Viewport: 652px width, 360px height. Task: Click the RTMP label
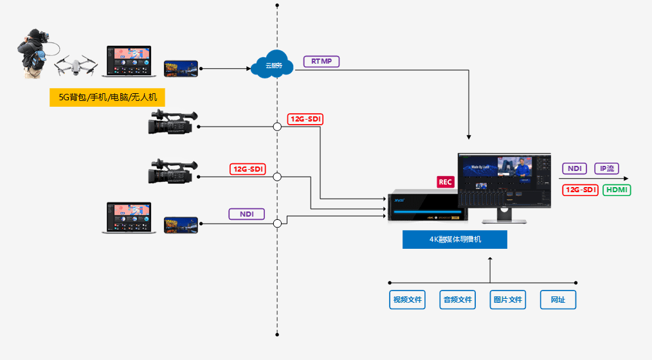[x=321, y=62]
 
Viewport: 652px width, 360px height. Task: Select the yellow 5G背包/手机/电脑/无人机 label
[x=103, y=98]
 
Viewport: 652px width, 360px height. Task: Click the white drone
[x=76, y=66]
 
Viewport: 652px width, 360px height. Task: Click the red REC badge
[x=446, y=182]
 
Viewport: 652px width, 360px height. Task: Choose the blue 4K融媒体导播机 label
[x=455, y=239]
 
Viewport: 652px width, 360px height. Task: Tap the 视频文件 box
[x=407, y=300]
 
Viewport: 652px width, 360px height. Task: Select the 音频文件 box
[x=457, y=300]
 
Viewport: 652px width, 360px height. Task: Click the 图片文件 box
[x=507, y=300]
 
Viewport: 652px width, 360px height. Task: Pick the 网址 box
[x=557, y=300]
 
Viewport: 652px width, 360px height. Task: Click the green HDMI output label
[x=617, y=190]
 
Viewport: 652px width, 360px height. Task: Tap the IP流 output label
[x=606, y=168]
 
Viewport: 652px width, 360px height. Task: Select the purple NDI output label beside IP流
[x=575, y=168]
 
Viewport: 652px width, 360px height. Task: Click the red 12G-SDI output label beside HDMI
[x=581, y=190]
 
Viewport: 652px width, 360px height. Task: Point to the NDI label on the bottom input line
[x=247, y=214]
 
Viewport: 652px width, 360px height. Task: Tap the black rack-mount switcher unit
[x=428, y=206]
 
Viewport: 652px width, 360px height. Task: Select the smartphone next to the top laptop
[x=181, y=68]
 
